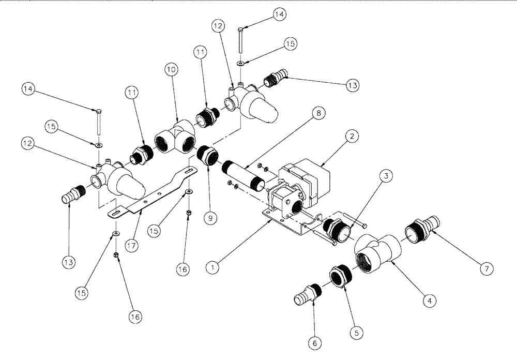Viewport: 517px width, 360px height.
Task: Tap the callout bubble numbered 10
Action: [172, 69]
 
